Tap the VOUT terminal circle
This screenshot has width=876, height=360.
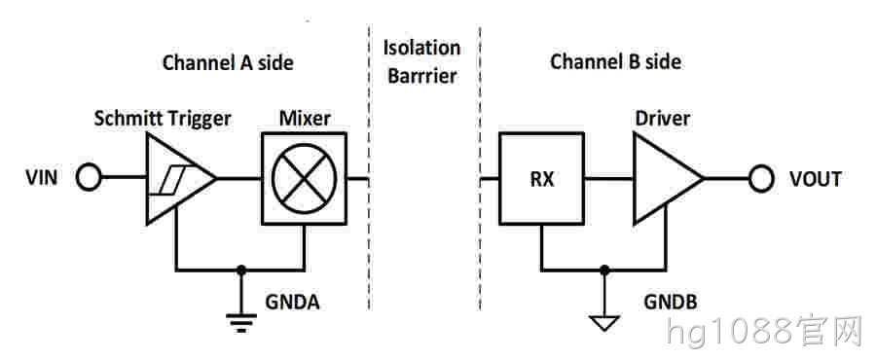point(761,179)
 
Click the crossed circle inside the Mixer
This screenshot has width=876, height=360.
point(304,179)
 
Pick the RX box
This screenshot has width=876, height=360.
point(541,179)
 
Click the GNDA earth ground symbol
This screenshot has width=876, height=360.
point(241,323)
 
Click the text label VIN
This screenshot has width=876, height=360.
point(41,179)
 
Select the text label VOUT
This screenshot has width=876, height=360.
point(815,179)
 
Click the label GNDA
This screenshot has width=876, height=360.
point(292,302)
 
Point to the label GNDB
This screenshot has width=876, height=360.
point(671,302)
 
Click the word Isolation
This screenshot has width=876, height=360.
point(421,48)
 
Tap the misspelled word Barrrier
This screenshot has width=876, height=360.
point(422,76)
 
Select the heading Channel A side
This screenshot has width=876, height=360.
point(228,62)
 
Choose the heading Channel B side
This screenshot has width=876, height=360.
point(616,61)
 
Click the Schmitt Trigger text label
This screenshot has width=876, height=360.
point(163,119)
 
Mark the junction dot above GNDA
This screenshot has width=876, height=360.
point(241,270)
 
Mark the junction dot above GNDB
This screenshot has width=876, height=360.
point(603,270)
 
